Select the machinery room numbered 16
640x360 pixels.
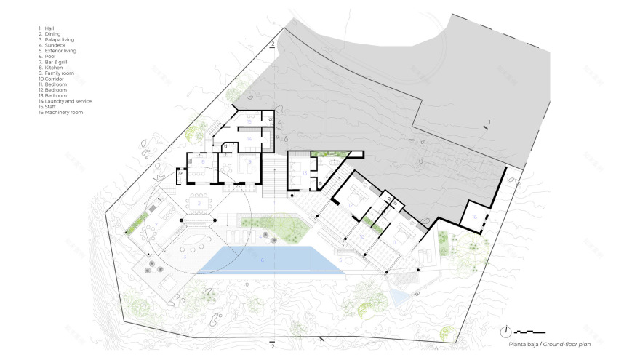[473, 216]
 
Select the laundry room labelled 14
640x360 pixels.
[248, 138]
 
